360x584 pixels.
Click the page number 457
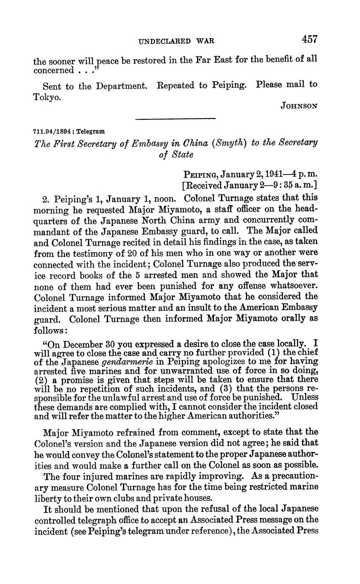coord(310,40)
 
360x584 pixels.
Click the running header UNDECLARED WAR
coord(176,41)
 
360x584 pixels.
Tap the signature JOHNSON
coord(299,107)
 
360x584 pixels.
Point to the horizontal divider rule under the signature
coord(175,119)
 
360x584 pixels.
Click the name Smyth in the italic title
coord(230,143)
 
